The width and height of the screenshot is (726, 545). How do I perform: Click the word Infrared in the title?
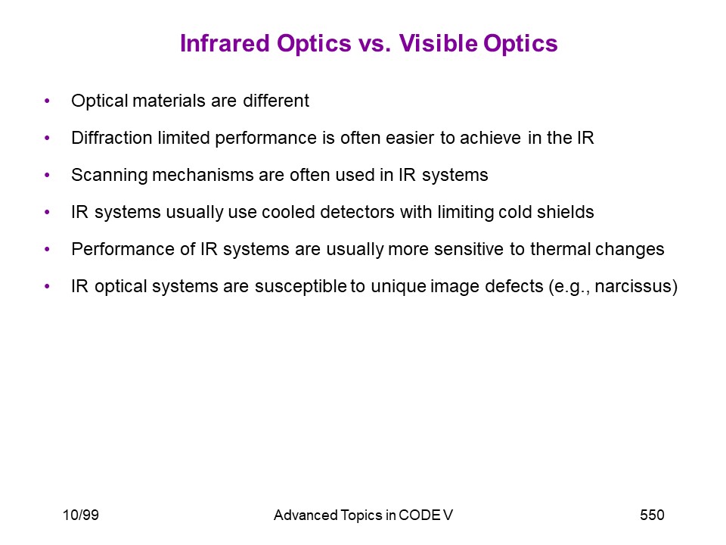(225, 44)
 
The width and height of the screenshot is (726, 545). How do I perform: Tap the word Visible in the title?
(438, 44)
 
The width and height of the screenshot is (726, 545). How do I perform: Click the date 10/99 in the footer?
(81, 515)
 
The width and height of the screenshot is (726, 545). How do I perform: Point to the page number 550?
(652, 515)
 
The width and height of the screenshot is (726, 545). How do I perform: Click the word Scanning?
(109, 176)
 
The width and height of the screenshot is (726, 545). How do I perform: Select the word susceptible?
(300, 287)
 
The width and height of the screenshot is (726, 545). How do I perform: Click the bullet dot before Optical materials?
(47, 101)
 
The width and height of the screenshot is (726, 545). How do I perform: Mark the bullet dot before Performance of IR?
(47, 249)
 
